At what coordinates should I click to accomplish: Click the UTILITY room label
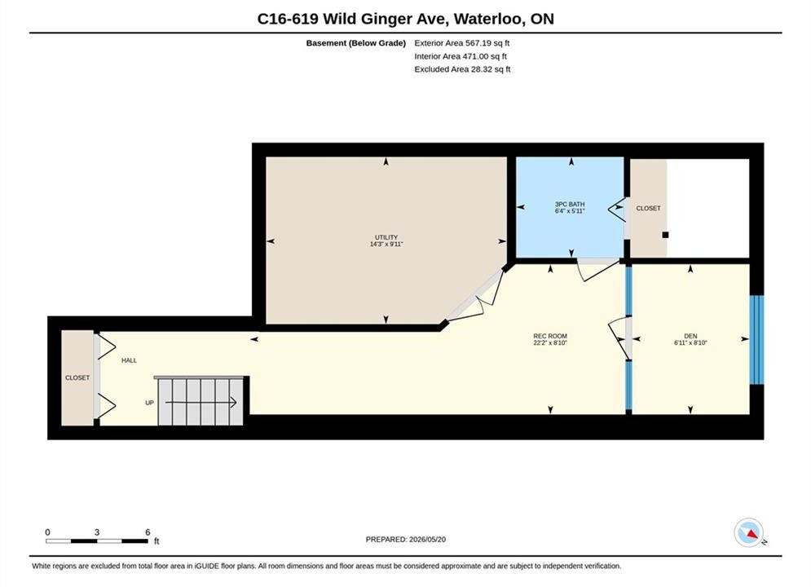coord(386,237)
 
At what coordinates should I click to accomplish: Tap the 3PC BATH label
coord(570,205)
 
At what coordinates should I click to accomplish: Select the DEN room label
coord(690,336)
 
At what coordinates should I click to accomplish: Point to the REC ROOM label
coord(550,336)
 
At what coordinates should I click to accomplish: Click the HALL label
coord(130,360)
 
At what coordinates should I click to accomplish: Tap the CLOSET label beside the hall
coord(77,378)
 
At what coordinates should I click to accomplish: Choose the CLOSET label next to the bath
coord(649,209)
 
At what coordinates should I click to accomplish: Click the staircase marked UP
coord(201,401)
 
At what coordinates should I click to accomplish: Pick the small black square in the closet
coord(666,235)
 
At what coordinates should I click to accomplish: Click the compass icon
coord(748,532)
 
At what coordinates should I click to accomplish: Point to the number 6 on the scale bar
coord(148,532)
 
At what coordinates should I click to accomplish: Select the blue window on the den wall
coord(756,340)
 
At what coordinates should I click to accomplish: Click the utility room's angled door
coord(476,295)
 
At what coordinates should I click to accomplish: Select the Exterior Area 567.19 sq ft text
coord(462,43)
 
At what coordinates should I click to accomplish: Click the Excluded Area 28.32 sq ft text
coord(462,69)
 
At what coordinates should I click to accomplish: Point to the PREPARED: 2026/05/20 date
coord(406,540)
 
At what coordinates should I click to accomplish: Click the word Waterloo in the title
coord(490,19)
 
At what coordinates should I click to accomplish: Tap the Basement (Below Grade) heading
coord(356,43)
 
